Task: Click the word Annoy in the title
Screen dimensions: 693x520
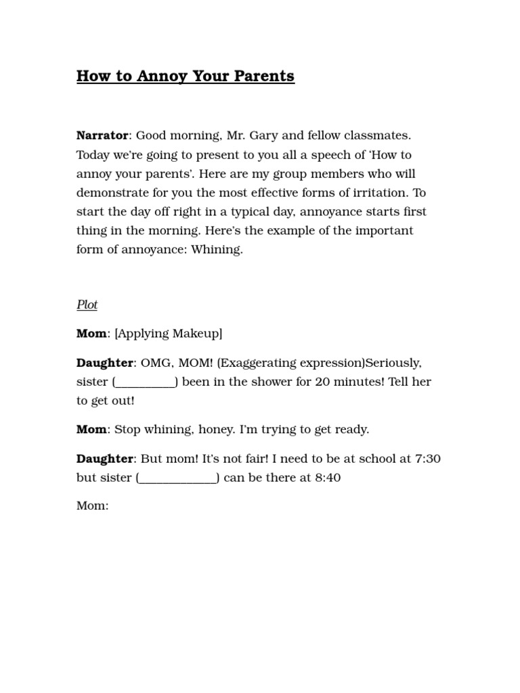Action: [x=162, y=76]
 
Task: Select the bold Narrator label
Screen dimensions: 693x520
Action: [x=102, y=135]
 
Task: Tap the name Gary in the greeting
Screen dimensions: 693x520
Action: [x=263, y=135]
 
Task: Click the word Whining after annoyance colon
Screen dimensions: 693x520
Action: [x=217, y=249]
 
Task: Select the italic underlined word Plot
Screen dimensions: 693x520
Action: [x=87, y=305]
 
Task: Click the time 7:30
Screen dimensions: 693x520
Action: [x=427, y=458]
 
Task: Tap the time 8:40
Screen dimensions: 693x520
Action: [x=328, y=477]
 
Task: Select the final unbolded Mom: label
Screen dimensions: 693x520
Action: [x=92, y=506]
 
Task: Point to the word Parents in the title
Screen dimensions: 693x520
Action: [x=263, y=76]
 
